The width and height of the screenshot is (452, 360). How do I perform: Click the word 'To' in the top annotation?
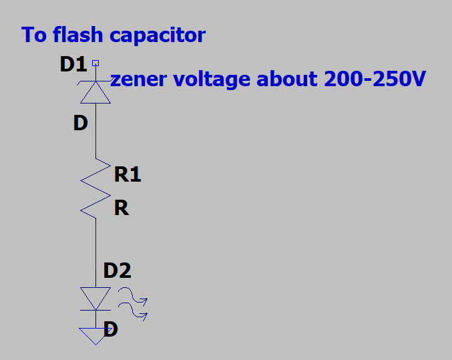click(33, 35)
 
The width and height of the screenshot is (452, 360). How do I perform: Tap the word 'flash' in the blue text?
click(69, 35)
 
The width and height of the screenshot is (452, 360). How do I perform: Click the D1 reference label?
click(73, 65)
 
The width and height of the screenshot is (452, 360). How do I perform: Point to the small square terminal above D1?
click(95, 63)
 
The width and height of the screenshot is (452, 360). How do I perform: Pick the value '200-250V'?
click(375, 79)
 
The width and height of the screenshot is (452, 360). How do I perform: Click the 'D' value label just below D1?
click(80, 124)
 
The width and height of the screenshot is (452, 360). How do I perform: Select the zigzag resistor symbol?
click(95, 187)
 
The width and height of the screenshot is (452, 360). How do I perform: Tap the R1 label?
click(128, 175)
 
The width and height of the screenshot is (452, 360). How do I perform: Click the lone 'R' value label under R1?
click(121, 208)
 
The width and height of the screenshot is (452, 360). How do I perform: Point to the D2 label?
click(118, 271)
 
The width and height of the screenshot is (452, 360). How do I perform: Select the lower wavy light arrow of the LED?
click(133, 311)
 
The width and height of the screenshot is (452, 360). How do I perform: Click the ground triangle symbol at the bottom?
click(95, 335)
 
